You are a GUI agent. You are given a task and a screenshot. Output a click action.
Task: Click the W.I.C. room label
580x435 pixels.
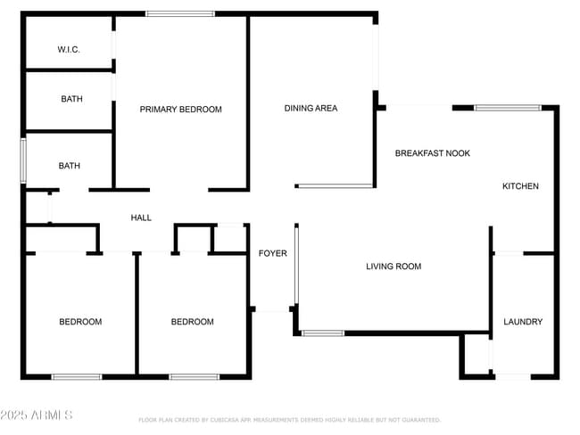(x=69, y=50)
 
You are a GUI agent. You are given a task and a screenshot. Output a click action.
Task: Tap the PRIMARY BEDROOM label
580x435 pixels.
(x=180, y=110)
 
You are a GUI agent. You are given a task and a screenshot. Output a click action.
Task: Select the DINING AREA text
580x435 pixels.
(x=311, y=109)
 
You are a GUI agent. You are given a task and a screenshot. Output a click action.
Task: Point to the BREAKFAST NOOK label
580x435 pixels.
(x=432, y=153)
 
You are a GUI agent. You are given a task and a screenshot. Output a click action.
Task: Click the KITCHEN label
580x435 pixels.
(x=520, y=186)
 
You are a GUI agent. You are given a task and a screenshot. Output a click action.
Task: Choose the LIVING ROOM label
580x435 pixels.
(x=394, y=267)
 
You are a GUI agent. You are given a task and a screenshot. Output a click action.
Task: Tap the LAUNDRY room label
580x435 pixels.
(x=522, y=322)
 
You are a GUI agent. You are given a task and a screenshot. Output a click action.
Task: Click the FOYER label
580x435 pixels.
(x=272, y=254)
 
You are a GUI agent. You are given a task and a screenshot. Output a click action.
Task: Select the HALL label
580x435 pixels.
(x=141, y=217)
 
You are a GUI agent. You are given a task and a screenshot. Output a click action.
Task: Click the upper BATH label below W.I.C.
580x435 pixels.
(x=71, y=99)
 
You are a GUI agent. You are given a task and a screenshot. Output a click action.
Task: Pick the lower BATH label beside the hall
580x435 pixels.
(x=69, y=166)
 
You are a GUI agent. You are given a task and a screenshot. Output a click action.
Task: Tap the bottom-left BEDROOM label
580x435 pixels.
(x=80, y=322)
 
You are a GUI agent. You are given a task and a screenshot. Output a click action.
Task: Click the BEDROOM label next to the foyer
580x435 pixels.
(x=192, y=322)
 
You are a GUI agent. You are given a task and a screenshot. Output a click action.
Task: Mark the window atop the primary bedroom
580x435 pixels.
(x=180, y=13)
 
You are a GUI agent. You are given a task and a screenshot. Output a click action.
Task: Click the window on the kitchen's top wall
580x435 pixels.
(x=507, y=108)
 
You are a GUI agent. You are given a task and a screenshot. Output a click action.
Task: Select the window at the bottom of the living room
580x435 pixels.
(x=322, y=333)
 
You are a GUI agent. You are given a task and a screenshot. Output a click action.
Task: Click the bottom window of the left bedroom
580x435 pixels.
(x=77, y=377)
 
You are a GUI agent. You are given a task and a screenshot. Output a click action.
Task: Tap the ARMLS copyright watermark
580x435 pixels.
(x=37, y=415)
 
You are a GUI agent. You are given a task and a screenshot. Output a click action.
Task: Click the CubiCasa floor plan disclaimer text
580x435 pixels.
(x=289, y=420)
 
